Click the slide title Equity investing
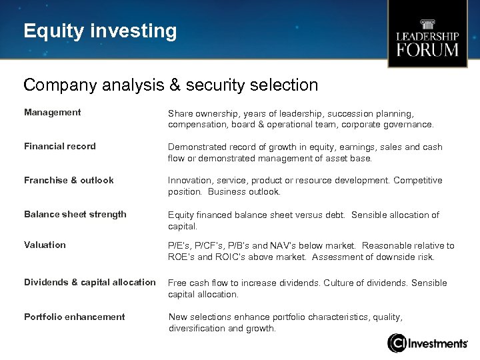(100, 31)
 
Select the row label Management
(52, 113)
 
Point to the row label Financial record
(60, 147)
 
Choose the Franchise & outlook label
(69, 181)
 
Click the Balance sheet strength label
(75, 215)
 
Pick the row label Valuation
(45, 245)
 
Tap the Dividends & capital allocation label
(90, 283)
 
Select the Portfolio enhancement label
(74, 317)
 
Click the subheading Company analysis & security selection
(171, 85)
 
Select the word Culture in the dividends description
(341, 283)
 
